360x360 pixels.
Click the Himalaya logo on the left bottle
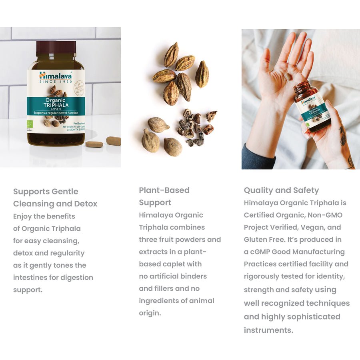click(56, 76)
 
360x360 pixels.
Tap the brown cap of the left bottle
click(56, 48)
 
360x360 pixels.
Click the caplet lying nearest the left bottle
click(94, 144)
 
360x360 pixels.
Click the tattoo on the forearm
click(343, 136)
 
